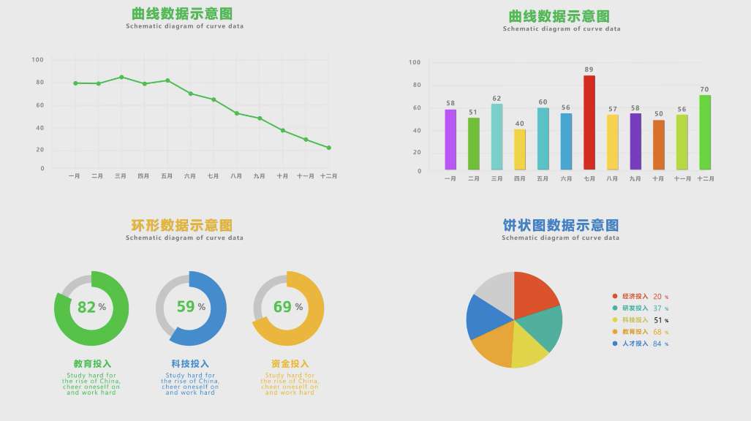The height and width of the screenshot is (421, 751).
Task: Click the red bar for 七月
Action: pyautogui.click(x=589, y=122)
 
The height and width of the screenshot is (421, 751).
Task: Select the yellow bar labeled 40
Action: pyautogui.click(x=519, y=150)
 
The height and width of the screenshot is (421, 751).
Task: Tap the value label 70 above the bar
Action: pyautogui.click(x=704, y=89)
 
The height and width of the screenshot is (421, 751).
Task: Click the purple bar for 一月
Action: pyautogui.click(x=450, y=140)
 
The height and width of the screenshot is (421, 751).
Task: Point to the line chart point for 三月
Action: pyautogui.click(x=121, y=77)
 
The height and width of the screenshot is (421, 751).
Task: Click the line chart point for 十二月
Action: pyautogui.click(x=329, y=148)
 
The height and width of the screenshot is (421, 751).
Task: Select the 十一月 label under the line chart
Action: pyautogui.click(x=306, y=176)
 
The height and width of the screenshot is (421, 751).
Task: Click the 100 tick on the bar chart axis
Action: pyautogui.click(x=415, y=63)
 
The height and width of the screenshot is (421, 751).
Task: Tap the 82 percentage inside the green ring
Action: pyautogui.click(x=87, y=307)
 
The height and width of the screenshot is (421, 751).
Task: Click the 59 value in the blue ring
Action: pyautogui.click(x=186, y=306)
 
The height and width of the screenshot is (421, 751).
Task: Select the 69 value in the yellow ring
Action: pyautogui.click(x=282, y=306)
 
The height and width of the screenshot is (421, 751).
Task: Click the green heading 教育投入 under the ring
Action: pyautogui.click(x=92, y=363)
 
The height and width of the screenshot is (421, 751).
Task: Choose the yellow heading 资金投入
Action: pyautogui.click(x=290, y=363)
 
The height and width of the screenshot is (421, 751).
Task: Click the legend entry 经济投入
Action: pyautogui.click(x=635, y=296)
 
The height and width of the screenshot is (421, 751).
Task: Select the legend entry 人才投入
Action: pyautogui.click(x=635, y=344)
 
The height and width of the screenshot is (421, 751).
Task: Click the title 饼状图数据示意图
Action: pyautogui.click(x=560, y=224)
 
